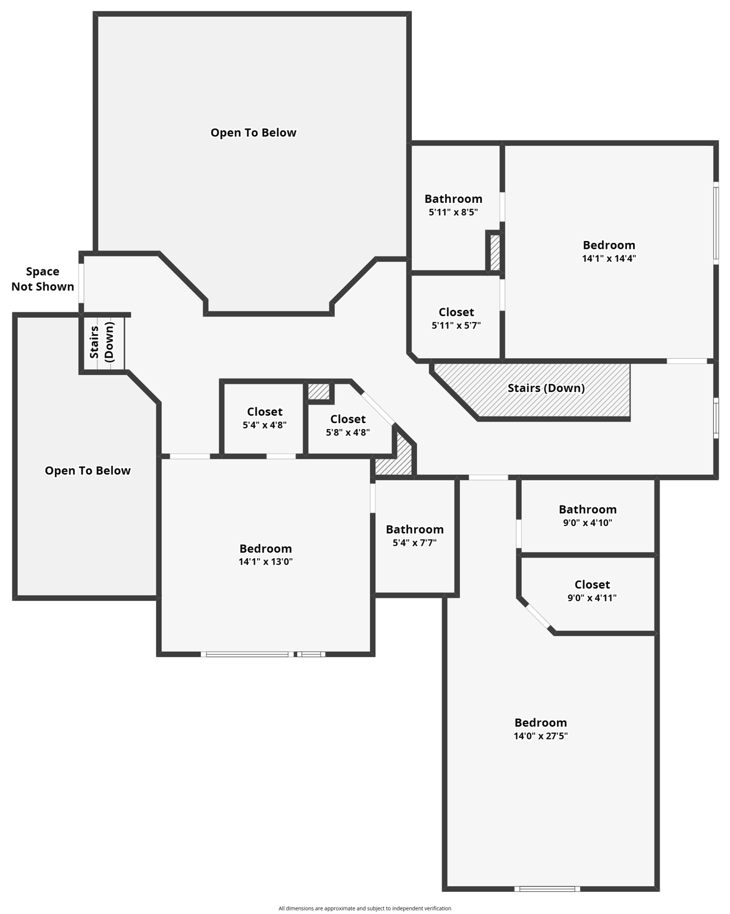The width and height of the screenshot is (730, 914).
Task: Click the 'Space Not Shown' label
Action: click(43, 279)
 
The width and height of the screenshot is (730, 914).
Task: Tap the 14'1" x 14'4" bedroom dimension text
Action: click(609, 259)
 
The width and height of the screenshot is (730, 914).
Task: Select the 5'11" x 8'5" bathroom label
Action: click(453, 199)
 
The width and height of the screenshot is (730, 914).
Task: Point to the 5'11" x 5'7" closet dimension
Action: click(456, 325)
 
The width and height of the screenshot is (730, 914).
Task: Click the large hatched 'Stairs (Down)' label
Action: click(546, 389)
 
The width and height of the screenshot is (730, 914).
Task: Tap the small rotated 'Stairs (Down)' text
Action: click(102, 342)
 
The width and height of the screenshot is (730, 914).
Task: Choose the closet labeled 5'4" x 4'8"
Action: click(265, 412)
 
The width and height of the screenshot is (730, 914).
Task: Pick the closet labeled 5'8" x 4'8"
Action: click(348, 420)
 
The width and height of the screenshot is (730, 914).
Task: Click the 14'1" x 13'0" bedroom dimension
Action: click(265, 562)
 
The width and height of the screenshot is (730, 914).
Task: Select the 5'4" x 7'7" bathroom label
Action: click(415, 530)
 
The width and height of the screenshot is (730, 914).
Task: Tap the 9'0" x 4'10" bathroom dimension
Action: click(587, 523)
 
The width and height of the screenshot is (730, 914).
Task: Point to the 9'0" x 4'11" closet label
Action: click(592, 585)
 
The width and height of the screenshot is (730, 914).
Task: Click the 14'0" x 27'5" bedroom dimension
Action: click(540, 736)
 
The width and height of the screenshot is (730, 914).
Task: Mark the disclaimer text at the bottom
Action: click(365, 908)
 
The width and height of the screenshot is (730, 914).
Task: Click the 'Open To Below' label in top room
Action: click(253, 133)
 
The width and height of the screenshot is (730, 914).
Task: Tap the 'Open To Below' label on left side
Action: click(87, 471)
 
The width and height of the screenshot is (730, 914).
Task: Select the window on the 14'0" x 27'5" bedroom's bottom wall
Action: click(547, 889)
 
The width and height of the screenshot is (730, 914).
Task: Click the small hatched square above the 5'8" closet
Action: click(319, 392)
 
